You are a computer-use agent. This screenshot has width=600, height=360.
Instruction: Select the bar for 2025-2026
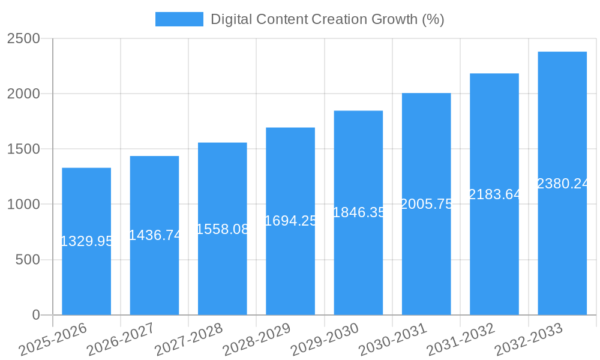tap(86, 276)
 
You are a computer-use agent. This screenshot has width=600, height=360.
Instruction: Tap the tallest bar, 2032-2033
tap(562, 252)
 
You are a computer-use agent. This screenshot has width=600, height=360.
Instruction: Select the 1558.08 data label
tap(223, 229)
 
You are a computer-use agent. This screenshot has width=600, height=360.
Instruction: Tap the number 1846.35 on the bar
tap(359, 212)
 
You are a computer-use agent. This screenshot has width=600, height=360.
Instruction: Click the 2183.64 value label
tap(494, 194)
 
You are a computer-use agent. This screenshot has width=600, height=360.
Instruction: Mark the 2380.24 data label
tap(563, 184)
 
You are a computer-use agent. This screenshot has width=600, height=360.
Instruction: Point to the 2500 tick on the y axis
tap(23, 39)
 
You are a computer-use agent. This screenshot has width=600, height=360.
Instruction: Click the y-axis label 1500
tap(23, 149)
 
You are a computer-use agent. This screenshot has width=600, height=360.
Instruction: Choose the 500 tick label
tap(28, 260)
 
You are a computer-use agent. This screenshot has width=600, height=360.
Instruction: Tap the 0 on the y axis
tap(35, 315)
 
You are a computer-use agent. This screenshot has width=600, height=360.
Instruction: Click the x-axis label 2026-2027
tap(120, 339)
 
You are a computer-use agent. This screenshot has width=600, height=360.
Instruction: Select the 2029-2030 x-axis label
tap(325, 339)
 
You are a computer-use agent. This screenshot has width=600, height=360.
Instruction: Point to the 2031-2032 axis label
tap(460, 339)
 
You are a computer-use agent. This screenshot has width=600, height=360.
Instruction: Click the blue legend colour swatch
tap(179, 19)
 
